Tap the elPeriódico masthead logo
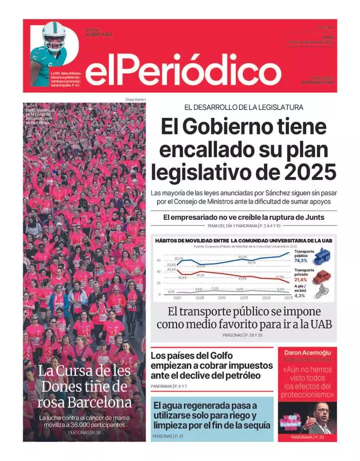(x=183, y=70)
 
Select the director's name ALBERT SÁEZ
(x=99, y=34)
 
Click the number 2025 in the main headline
(x=309, y=172)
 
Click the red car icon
(x=322, y=277)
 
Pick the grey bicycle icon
(x=321, y=292)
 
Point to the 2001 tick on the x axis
(x=178, y=298)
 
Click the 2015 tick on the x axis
(x=244, y=298)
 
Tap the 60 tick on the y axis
(x=159, y=260)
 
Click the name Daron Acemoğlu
(x=307, y=352)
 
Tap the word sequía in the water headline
(x=254, y=425)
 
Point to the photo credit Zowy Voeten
(x=135, y=99)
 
